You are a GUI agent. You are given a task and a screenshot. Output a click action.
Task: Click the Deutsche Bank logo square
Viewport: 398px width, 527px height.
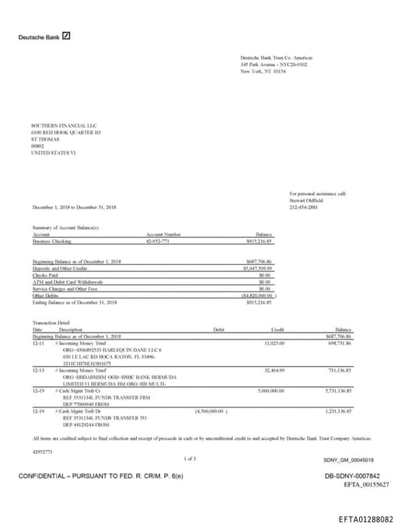[x=67, y=36]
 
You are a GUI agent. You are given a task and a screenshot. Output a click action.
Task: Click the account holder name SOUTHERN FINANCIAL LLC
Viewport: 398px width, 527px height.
[x=53, y=125]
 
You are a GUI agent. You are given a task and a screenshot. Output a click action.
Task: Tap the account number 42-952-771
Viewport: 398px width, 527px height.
[x=158, y=242]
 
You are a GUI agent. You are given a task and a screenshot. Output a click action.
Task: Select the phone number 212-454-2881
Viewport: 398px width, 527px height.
[x=304, y=207]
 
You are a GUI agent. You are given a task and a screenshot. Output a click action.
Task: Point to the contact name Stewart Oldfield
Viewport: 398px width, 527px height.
[x=305, y=200]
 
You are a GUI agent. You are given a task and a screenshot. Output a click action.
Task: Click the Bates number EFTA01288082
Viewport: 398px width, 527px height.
[x=366, y=518]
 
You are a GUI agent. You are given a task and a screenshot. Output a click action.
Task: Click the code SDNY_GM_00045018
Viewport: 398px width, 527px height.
[x=348, y=459]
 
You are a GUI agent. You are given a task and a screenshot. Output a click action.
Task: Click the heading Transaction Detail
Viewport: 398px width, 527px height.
[x=51, y=322]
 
